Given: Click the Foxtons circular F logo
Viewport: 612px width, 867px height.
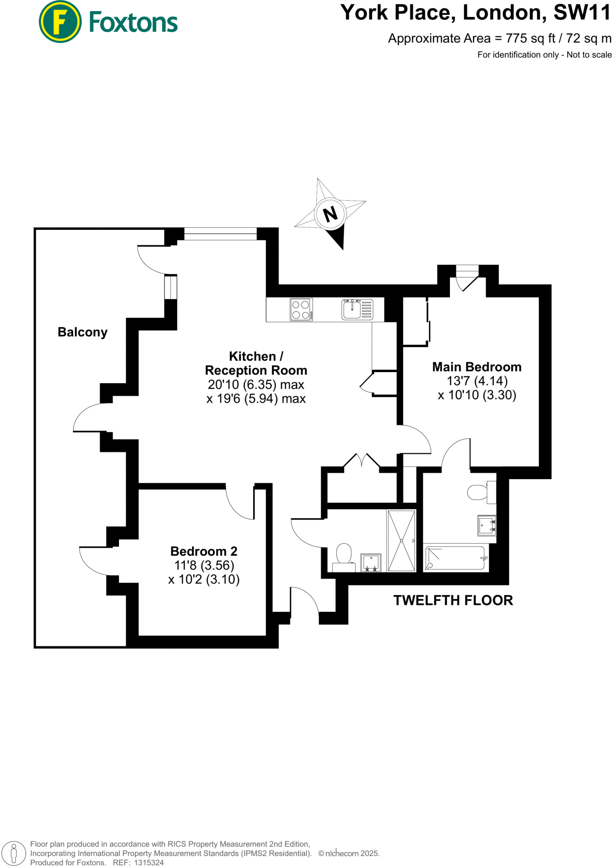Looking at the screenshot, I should click(60, 22).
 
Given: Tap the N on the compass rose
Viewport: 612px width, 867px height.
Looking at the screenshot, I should click(331, 214).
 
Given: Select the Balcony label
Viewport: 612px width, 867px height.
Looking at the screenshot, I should click(83, 332).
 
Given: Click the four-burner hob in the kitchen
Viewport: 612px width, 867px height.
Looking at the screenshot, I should click(301, 309).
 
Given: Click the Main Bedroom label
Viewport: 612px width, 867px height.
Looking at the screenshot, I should click(477, 367).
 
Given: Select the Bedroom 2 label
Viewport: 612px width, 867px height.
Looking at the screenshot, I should click(204, 551).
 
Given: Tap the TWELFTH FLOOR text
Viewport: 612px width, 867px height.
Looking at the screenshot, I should click(453, 600).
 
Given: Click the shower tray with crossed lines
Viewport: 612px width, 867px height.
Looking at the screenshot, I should click(401, 541).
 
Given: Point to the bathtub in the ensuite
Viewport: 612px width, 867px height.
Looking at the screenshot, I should click(455, 558).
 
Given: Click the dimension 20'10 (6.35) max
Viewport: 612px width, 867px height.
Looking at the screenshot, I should click(256, 385).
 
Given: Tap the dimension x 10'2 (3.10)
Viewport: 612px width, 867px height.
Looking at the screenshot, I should click(204, 580).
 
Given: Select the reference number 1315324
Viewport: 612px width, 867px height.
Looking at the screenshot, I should click(149, 862).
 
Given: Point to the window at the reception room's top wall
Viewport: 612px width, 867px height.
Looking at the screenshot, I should click(221, 234).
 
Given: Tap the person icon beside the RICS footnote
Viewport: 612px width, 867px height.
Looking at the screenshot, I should click(14, 853).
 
